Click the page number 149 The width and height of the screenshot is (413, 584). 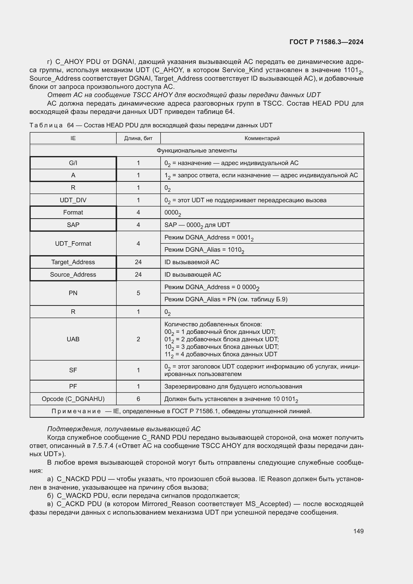coord(358,531)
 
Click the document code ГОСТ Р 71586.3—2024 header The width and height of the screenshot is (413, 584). coord(326,42)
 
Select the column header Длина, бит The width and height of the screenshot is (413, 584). coord(138,138)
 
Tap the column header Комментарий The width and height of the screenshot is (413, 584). coord(262,138)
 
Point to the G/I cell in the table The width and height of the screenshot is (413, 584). coord(73,163)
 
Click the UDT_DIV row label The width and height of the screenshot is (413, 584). coord(73,200)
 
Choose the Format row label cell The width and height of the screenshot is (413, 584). coord(73,212)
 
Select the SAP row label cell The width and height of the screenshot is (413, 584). coord(73,225)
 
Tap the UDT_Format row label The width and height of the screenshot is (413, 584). coord(73,243)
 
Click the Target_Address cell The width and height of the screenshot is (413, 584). coord(73,262)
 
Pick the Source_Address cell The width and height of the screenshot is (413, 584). coord(73,274)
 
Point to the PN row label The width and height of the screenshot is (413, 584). coord(73,293)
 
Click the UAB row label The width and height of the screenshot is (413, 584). coord(73,339)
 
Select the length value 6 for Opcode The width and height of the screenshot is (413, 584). coord(138,399)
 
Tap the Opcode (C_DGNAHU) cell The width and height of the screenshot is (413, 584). coord(73,399)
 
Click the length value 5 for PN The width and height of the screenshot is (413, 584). coord(138,293)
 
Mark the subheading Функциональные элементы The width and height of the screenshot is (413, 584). coord(197,151)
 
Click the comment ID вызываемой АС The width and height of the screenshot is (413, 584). coord(192,262)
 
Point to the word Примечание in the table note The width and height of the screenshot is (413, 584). coord(76,411)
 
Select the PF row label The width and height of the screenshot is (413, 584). coord(73,386)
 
